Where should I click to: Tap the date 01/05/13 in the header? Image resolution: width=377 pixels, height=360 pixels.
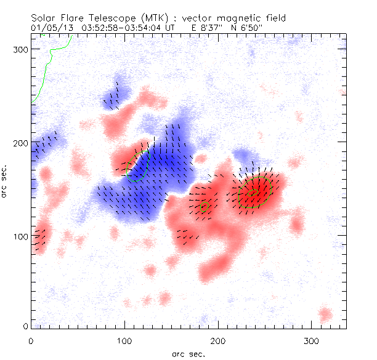[49, 28]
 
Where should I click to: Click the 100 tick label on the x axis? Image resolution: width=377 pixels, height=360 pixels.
[124, 340]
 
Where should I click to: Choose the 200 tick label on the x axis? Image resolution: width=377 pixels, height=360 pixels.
[218, 340]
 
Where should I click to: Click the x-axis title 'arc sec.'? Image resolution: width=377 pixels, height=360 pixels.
[188, 354]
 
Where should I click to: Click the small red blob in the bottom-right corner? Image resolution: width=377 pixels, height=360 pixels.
[325, 315]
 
